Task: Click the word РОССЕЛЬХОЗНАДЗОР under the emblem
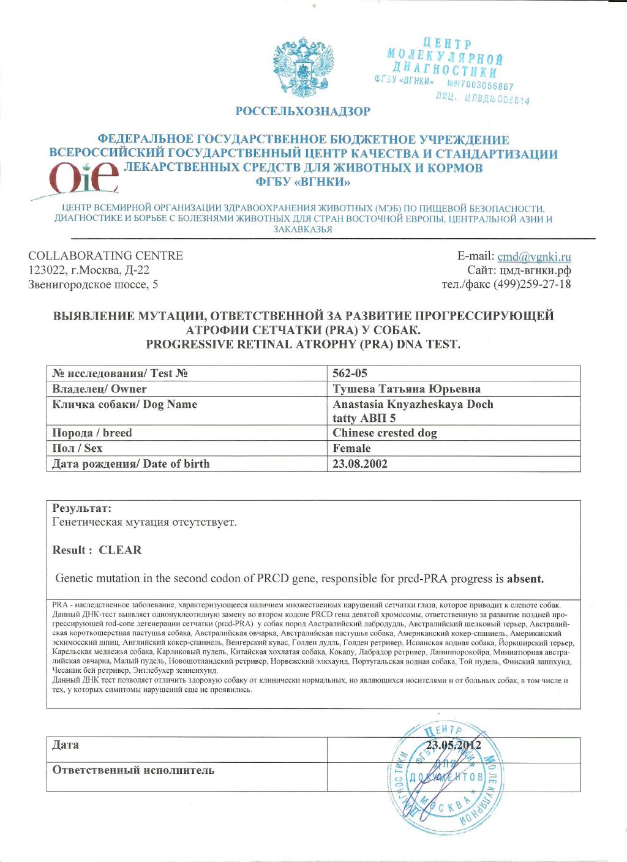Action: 303,111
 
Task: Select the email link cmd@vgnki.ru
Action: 534,257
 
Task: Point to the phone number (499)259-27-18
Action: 531,284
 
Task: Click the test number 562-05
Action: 350,373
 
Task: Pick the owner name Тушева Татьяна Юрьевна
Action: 407,389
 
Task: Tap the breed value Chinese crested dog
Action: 385,433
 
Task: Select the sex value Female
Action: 351,448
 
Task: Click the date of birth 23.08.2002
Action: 360,463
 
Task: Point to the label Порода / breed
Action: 92,433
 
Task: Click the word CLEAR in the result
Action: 120,550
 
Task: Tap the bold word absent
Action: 525,579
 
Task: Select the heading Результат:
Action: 82,508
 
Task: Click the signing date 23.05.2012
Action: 453,745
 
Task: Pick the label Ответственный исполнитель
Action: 133,770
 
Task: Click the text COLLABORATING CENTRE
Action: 105,256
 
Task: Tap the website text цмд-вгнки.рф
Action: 535,270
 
